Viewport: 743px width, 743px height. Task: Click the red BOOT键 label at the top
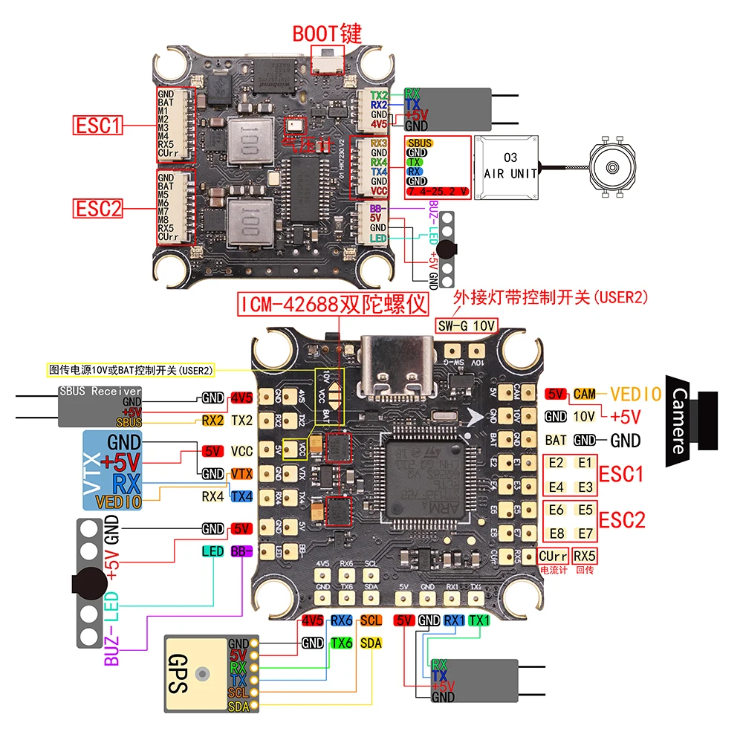(326, 33)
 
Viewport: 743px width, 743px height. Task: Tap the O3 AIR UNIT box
(510, 168)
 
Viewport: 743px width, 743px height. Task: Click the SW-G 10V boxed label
(467, 325)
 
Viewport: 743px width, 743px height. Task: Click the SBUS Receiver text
(100, 391)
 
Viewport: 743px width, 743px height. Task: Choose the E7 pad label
(585, 533)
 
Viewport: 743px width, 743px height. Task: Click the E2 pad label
(556, 462)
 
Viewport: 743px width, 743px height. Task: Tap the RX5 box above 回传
(585, 556)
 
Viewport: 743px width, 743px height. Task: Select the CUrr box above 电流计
(553, 556)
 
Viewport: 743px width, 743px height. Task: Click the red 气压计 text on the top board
(305, 145)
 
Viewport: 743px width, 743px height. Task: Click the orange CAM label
(585, 394)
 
